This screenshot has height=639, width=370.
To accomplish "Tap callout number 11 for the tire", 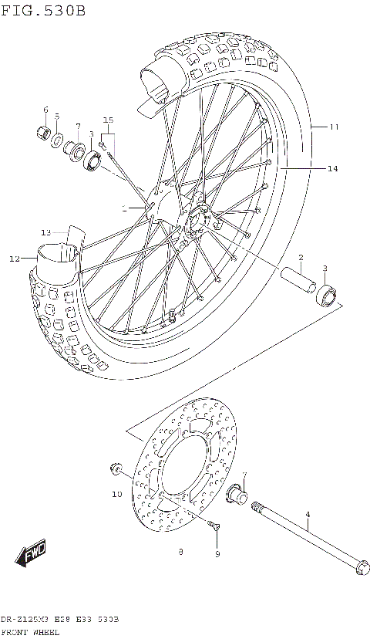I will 334,127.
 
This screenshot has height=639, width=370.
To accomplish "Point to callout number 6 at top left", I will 45,110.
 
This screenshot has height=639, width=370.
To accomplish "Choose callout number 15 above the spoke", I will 108,120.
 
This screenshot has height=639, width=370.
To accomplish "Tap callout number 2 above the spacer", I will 301,257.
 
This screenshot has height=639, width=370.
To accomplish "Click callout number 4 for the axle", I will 307,514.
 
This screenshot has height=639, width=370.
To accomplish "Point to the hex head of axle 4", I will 359,569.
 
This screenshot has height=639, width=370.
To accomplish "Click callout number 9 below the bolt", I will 217,554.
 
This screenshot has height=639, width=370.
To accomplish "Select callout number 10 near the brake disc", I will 116,494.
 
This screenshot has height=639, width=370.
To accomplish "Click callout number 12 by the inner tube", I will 14,259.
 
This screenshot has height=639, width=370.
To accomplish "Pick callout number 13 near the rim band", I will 45,232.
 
